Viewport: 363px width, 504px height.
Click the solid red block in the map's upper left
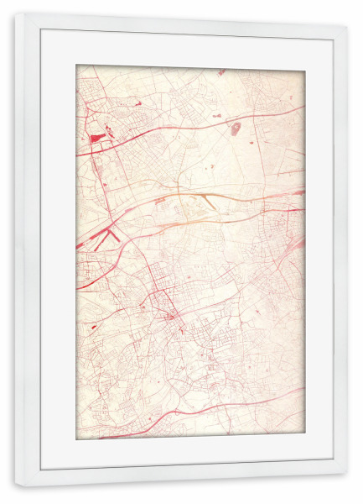click(97, 136)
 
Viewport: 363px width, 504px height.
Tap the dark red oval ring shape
click(236, 129)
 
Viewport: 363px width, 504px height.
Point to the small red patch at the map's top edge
click(221, 71)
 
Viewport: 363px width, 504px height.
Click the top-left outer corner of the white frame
click(15, 13)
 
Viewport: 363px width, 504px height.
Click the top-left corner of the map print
click(76, 66)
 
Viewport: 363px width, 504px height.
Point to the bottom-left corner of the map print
click(76, 440)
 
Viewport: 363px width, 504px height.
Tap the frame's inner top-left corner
click(39, 30)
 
